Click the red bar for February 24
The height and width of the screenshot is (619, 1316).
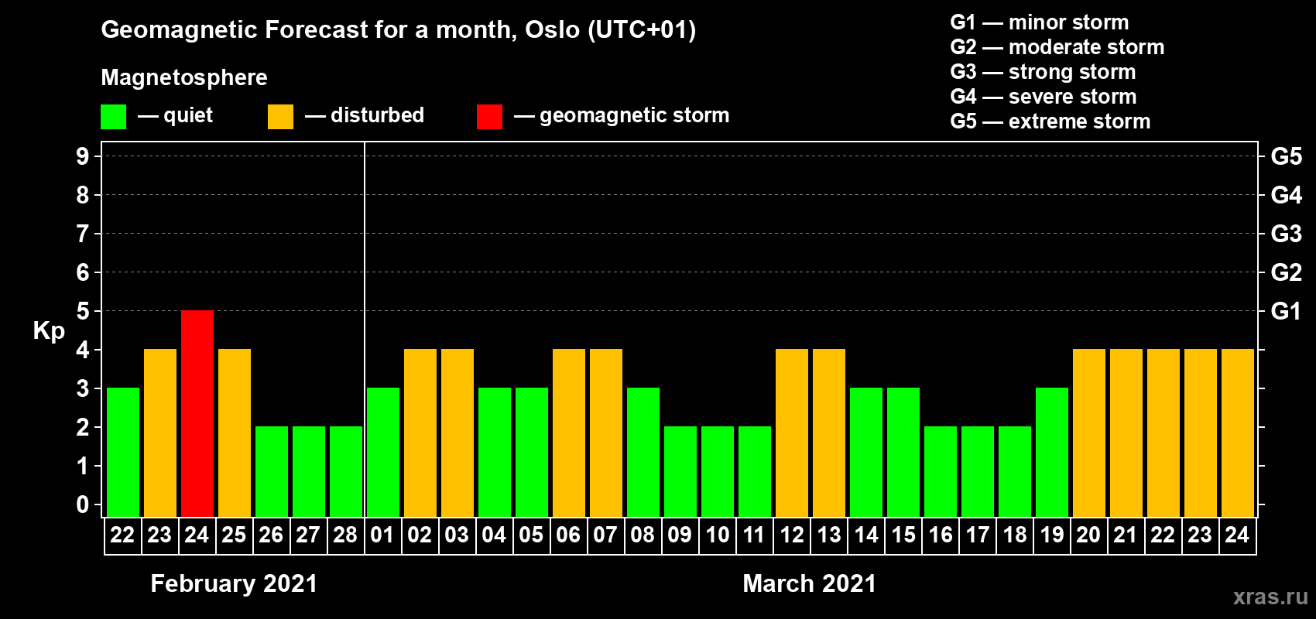tap(197, 413)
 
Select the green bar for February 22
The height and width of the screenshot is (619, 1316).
tap(123, 452)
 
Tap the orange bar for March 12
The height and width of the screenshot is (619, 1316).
tap(792, 433)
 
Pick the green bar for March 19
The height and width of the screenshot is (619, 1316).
tap(1052, 452)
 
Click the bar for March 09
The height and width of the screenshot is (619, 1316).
tap(680, 471)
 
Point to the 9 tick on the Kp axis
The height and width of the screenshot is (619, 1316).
tap(82, 156)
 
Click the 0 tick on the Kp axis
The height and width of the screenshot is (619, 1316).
tap(82, 504)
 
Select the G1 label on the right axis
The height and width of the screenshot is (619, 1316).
tap(1287, 311)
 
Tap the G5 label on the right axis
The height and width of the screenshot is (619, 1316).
tap(1287, 156)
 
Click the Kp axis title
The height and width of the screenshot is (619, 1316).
tap(49, 331)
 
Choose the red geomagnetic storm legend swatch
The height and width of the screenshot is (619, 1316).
tap(490, 116)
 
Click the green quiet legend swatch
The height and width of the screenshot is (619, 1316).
tap(113, 116)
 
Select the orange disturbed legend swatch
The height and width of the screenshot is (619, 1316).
tap(280, 116)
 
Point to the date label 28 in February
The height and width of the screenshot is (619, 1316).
tap(345, 535)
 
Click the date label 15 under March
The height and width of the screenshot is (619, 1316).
tap(903, 535)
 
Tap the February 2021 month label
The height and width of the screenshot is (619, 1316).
tap(234, 583)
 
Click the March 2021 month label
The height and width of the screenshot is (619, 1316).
tap(810, 583)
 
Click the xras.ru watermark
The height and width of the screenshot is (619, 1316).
tap(1271, 597)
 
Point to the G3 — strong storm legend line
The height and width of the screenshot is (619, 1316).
tap(1043, 72)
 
